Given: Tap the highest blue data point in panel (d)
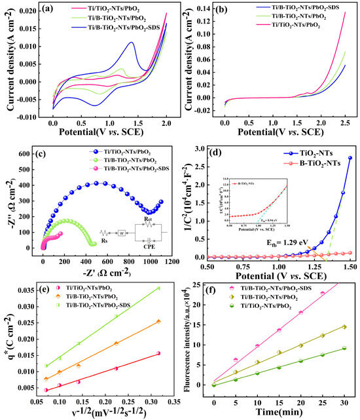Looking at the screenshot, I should (x=350, y=158).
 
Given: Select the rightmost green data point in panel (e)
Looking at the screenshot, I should (x=158, y=288).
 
